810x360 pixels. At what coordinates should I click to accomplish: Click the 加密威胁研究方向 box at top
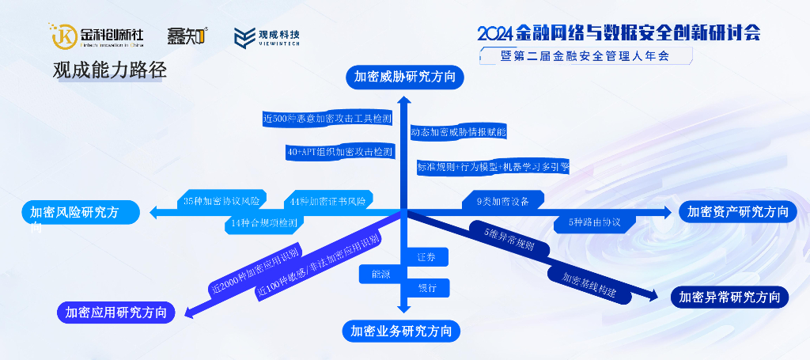pyautogui.click(x=403, y=77)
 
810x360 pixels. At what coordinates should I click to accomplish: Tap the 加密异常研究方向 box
pyautogui.click(x=729, y=297)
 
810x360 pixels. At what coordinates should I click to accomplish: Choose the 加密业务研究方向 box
pyautogui.click(x=401, y=331)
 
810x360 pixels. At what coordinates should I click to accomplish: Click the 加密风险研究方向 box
pyautogui.click(x=81, y=212)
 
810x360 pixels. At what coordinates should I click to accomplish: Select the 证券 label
pyautogui.click(x=427, y=257)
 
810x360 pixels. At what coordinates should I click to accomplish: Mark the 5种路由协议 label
pyautogui.click(x=594, y=222)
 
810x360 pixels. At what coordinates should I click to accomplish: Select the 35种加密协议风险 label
pyautogui.click(x=221, y=201)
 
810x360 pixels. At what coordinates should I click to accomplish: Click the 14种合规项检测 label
pyautogui.click(x=263, y=223)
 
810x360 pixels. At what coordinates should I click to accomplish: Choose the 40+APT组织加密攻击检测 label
pyautogui.click(x=339, y=151)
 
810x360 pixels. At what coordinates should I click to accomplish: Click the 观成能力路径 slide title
pyautogui.click(x=110, y=70)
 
